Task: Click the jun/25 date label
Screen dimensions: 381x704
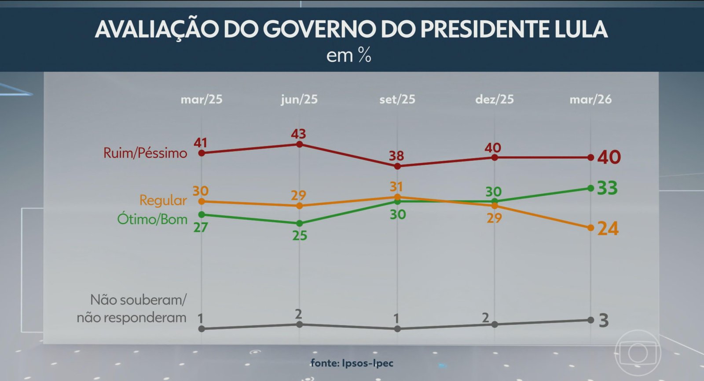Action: coord(299,99)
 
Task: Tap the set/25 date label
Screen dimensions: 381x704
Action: coord(397,99)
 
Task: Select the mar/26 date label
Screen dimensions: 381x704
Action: coord(590,99)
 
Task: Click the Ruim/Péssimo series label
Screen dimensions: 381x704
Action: coord(145,153)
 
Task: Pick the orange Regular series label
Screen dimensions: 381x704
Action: coord(163,200)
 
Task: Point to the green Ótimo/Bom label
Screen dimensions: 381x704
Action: coord(152,219)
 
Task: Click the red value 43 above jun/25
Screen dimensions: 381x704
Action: coord(298,134)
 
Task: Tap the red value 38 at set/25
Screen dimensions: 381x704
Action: coord(396,156)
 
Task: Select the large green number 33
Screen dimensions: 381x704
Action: coord(607,188)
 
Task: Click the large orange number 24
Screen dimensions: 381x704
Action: coord(608,229)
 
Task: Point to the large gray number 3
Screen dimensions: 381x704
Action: coord(604,321)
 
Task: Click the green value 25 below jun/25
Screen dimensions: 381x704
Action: coord(300,236)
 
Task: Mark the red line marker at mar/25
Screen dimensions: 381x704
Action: coord(202,153)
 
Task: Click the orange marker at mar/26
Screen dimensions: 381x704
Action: coord(590,228)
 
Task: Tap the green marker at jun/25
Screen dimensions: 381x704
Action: coord(300,223)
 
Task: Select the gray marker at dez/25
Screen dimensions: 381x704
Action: coord(495,324)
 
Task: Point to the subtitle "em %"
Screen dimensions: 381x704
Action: coord(348,56)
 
